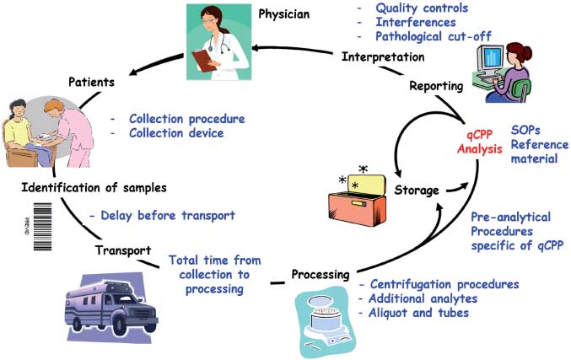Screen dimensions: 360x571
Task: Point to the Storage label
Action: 416,191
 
